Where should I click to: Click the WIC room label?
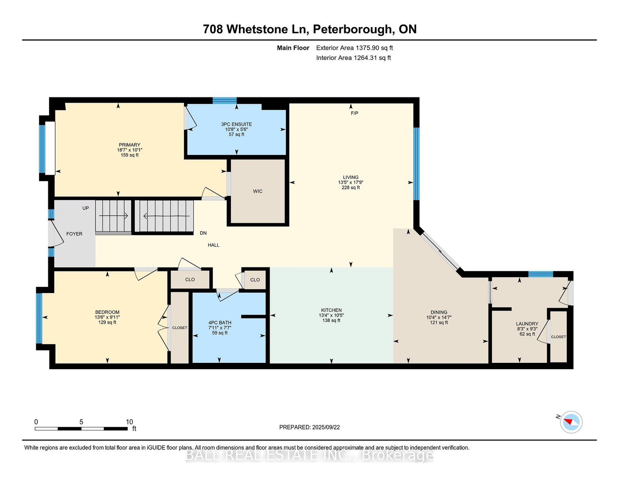pyautogui.click(x=258, y=191)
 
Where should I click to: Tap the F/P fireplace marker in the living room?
pyautogui.click(x=354, y=113)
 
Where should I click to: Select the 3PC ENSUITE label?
pyautogui.click(x=237, y=124)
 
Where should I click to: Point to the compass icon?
pyautogui.click(x=571, y=422)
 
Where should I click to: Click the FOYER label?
pyautogui.click(x=74, y=234)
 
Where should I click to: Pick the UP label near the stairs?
pyautogui.click(x=85, y=208)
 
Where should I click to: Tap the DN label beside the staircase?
pyautogui.click(x=203, y=233)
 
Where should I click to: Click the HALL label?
pyautogui.click(x=213, y=245)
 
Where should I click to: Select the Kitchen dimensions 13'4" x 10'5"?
pyautogui.click(x=331, y=315)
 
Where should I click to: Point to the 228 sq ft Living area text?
pyautogui.click(x=351, y=188)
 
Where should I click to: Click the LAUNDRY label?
pyautogui.click(x=527, y=324)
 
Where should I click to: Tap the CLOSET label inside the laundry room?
pyautogui.click(x=558, y=336)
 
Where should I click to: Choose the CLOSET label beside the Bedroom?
pyautogui.click(x=179, y=328)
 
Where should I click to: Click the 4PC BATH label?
pyautogui.click(x=220, y=323)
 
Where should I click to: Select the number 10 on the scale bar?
pyautogui.click(x=129, y=422)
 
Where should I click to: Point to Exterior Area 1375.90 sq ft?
pyautogui.click(x=354, y=48)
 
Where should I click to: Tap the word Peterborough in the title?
pyautogui.click(x=352, y=30)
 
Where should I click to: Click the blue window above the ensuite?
pyautogui.click(x=225, y=101)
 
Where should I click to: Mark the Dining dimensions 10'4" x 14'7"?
pyautogui.click(x=439, y=317)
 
